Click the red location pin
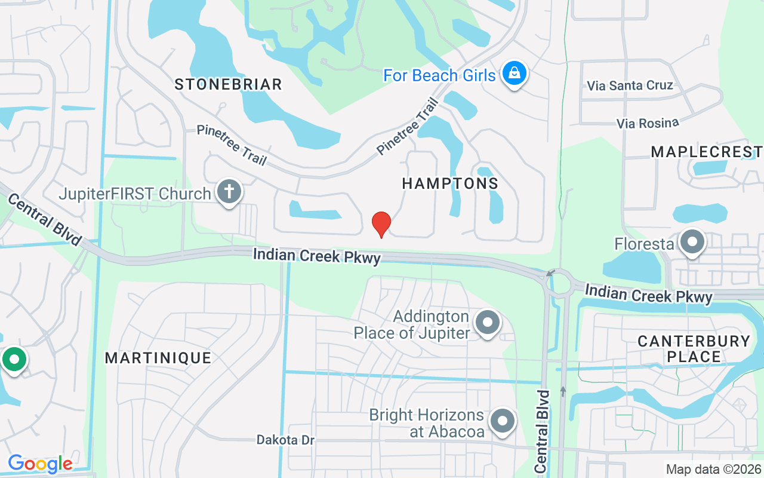tap(381, 223)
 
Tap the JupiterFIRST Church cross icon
tap(229, 192)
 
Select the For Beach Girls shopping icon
tap(512, 74)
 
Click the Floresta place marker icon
tap(692, 243)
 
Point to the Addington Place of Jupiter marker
tap(488, 323)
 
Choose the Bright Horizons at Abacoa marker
tap(503, 421)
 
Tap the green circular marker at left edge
tap(13, 360)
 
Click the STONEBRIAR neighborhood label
tap(228, 84)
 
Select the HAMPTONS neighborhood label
tap(450, 183)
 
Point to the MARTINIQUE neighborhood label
tap(158, 358)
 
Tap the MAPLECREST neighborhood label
tap(706, 152)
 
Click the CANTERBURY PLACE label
tap(694, 349)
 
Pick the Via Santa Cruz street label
tap(630, 85)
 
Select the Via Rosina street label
tap(648, 123)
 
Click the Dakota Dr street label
tap(285, 440)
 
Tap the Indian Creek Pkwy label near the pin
tap(316, 256)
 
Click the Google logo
tap(40, 464)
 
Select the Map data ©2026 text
tap(713, 469)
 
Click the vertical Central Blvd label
tap(542, 431)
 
